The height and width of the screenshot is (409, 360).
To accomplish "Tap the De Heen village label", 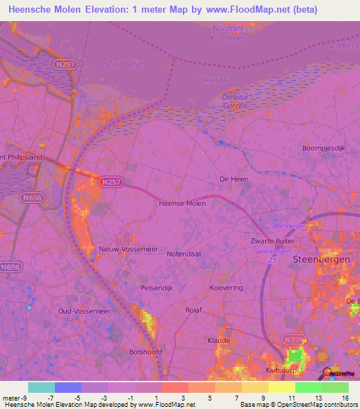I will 234,179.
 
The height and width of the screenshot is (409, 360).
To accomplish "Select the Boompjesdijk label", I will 323,148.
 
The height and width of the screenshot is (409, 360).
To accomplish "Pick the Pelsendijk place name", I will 156,288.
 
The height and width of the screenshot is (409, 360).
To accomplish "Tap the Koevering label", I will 226,288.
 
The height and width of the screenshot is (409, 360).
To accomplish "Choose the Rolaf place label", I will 193,310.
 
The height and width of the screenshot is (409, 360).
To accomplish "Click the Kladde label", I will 219,340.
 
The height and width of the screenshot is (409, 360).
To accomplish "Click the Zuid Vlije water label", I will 124,63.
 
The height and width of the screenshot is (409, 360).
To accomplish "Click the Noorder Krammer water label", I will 229,33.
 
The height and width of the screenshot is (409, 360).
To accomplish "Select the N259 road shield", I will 293,339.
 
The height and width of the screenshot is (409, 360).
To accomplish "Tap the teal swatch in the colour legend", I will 41,387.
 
